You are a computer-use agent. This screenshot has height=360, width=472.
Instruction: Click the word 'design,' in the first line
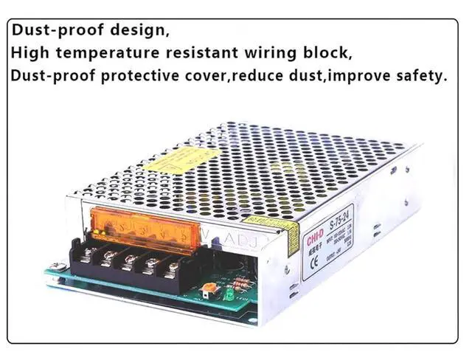[x=135, y=32]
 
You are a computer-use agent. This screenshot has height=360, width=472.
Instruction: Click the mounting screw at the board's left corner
[x=52, y=267]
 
